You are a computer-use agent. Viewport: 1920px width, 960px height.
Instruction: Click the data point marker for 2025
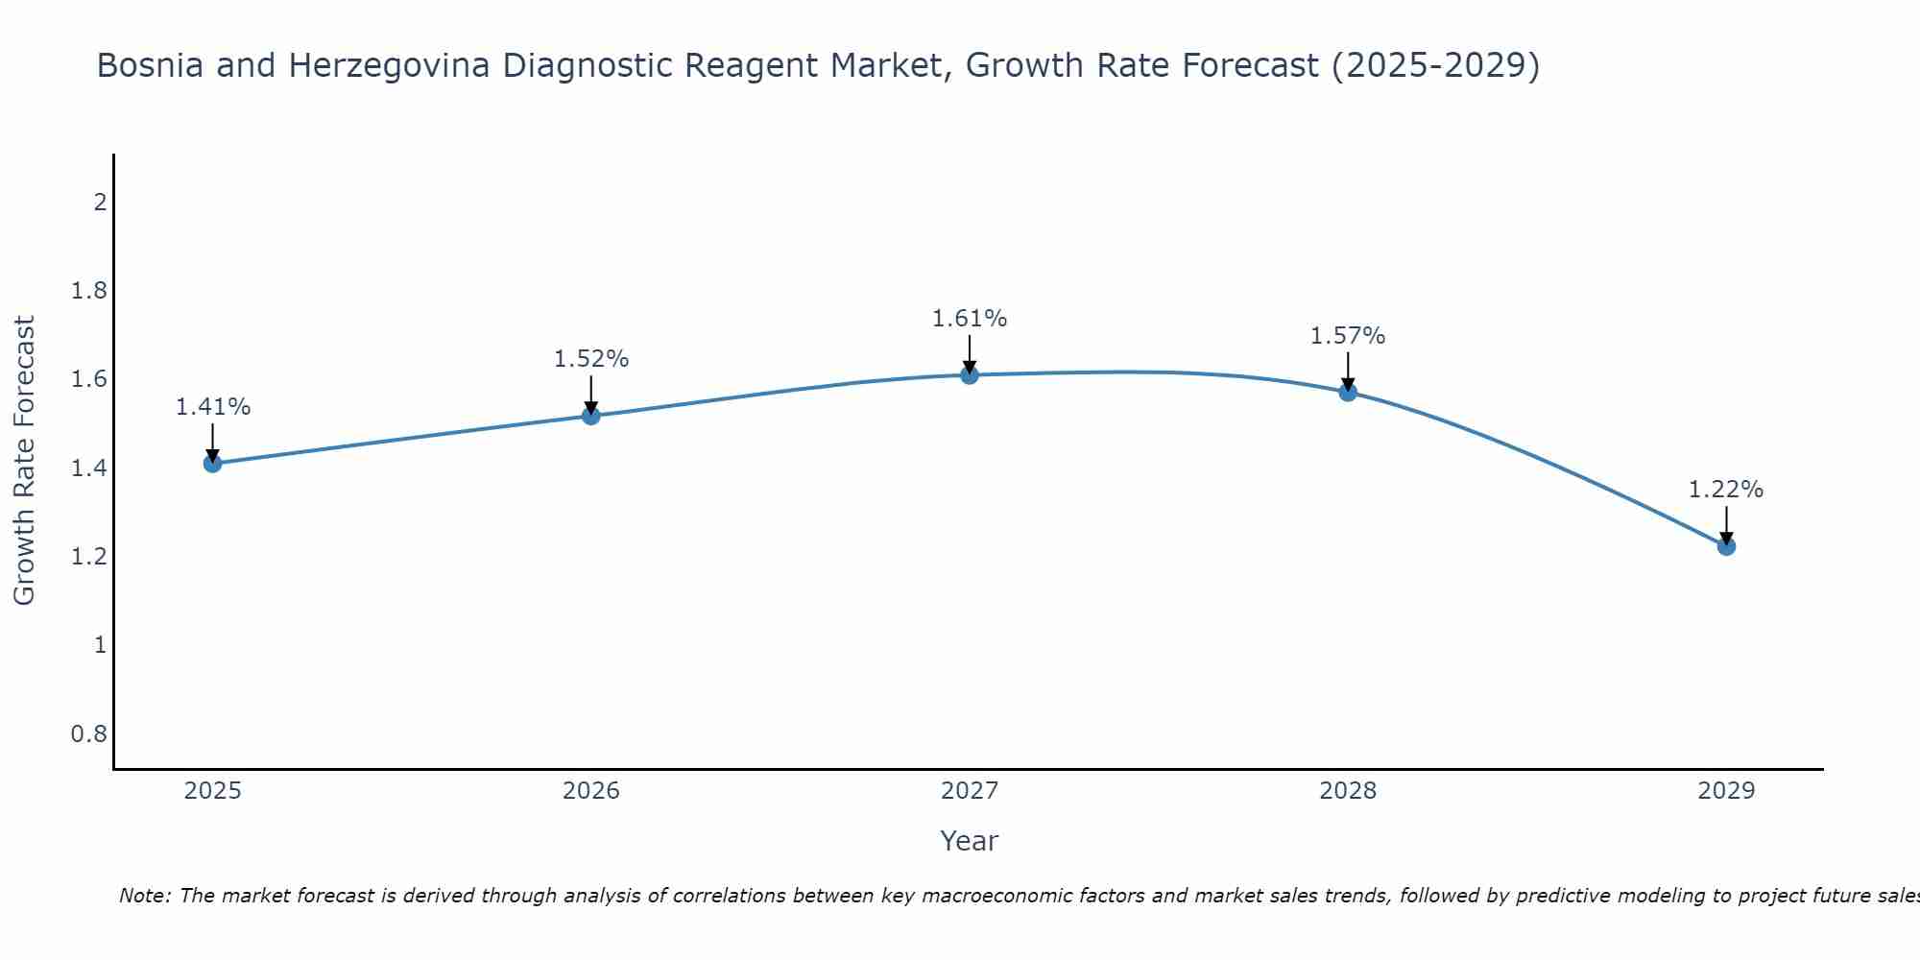[213, 464]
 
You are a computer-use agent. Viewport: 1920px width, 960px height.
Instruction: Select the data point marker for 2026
[591, 416]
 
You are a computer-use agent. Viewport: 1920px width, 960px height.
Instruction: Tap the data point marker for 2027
[970, 375]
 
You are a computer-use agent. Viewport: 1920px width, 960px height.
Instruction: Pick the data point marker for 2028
[1348, 392]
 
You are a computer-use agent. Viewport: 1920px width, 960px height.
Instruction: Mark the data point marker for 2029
[1726, 546]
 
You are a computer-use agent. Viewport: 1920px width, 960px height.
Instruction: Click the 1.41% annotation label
[213, 407]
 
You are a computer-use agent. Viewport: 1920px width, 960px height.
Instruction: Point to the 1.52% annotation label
[591, 359]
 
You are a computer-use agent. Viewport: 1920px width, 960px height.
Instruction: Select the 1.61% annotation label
[970, 319]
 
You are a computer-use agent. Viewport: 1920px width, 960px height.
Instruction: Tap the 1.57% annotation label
[1348, 336]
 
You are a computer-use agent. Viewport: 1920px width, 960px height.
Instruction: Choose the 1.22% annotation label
[1726, 490]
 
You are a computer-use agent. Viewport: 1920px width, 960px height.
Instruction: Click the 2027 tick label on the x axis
[970, 791]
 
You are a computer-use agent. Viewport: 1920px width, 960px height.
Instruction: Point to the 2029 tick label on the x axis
[1726, 791]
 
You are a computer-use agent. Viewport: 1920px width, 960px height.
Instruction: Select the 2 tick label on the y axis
[99, 203]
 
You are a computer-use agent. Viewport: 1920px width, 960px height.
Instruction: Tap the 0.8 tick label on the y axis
[88, 734]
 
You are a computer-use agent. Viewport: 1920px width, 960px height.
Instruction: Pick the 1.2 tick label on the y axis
[88, 557]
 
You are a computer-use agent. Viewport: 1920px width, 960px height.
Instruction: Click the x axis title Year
[970, 841]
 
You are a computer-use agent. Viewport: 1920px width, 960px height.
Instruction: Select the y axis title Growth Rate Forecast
[25, 461]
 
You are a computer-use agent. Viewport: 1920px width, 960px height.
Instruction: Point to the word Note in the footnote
[144, 897]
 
